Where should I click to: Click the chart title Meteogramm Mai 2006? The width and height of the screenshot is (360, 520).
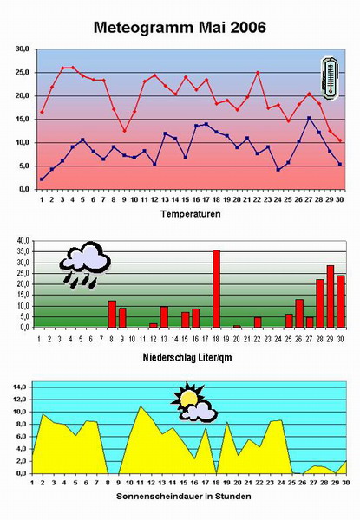(x=180, y=28)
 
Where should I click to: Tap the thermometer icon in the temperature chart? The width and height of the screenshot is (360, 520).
(x=330, y=78)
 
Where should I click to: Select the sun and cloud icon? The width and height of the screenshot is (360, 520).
(x=193, y=402)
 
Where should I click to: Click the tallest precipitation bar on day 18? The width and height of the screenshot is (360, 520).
(x=216, y=289)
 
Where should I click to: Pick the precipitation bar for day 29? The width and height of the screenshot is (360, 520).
(x=331, y=296)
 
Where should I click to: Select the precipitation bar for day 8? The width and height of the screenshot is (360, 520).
(x=112, y=314)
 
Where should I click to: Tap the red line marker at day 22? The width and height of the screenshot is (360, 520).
(x=258, y=73)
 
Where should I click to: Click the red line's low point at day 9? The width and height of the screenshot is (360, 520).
(x=124, y=131)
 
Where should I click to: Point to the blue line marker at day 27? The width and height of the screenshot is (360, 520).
(x=309, y=118)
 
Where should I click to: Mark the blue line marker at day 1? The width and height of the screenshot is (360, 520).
(x=42, y=179)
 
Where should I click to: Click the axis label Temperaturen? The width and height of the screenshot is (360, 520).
(x=191, y=214)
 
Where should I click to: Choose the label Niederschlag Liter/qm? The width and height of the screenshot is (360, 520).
(x=187, y=357)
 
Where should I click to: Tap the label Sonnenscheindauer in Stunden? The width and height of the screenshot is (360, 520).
(x=184, y=497)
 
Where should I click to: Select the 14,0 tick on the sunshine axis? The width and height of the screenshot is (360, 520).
(x=20, y=387)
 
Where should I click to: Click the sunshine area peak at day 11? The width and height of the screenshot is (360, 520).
(x=141, y=406)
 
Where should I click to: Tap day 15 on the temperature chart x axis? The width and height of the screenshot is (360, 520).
(x=186, y=199)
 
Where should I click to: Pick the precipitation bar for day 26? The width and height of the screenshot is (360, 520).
(x=299, y=314)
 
